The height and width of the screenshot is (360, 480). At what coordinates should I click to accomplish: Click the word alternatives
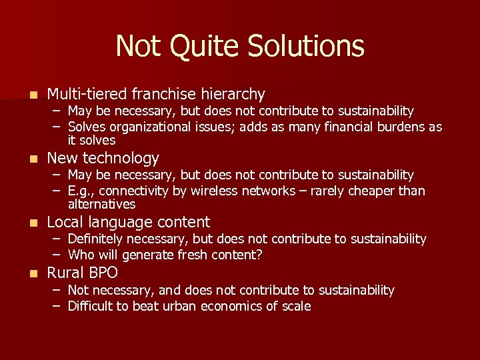click(x=101, y=205)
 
